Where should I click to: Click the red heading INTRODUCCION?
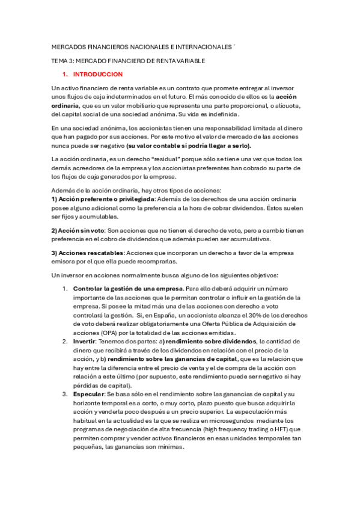coord(97,75)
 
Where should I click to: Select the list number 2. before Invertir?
coord(66,341)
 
